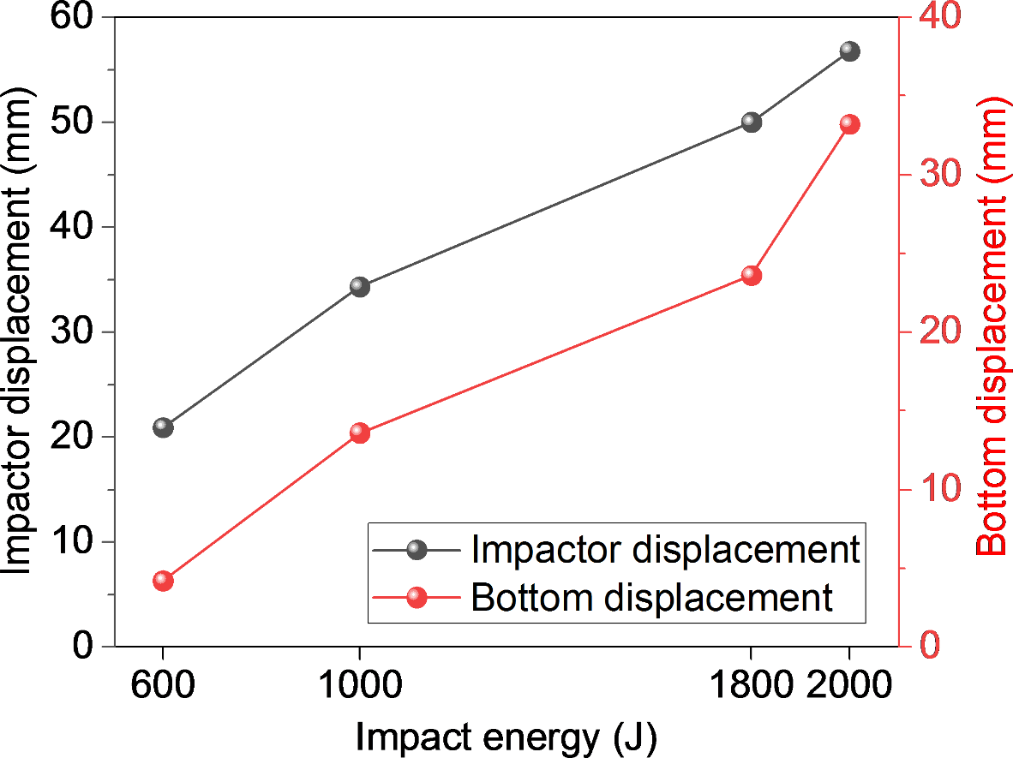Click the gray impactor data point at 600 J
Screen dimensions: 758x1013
point(163,427)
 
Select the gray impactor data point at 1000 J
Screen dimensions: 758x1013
point(359,287)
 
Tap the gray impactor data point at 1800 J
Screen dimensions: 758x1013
point(752,122)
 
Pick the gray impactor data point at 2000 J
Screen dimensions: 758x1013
point(849,51)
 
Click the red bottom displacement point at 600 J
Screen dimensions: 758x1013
point(163,581)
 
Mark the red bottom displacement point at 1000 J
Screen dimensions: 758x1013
point(359,433)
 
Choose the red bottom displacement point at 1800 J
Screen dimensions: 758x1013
point(752,276)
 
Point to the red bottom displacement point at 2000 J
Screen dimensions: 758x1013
point(849,125)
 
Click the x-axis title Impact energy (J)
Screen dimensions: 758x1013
point(506,737)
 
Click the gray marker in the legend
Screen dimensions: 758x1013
point(417,550)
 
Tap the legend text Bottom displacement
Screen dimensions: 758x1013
point(651,597)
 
